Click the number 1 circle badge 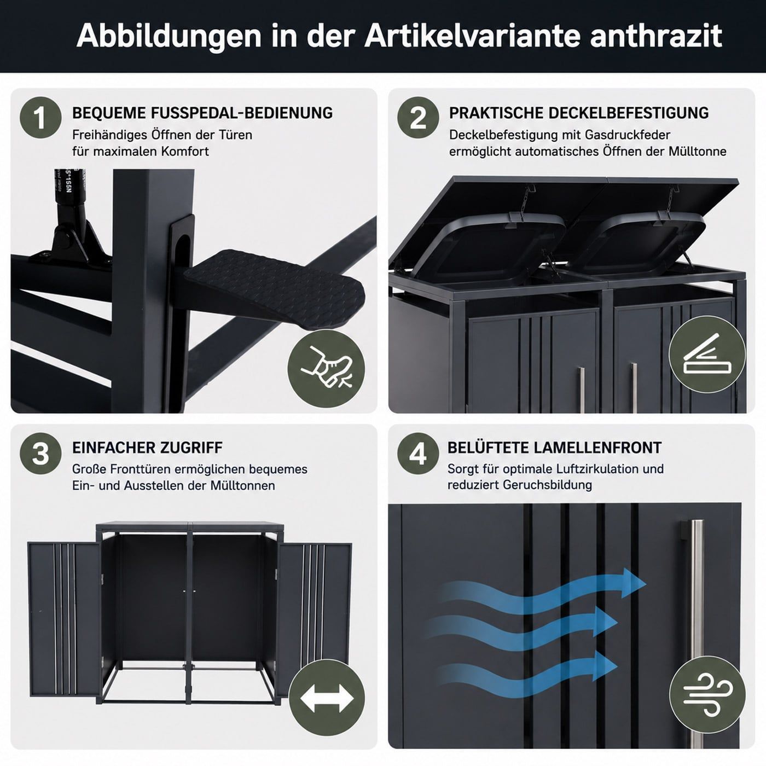coord(40,118)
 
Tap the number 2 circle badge coord(418,118)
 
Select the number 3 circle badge coord(40,454)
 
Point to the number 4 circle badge coord(418,454)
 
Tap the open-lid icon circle coord(707,355)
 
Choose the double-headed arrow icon coord(327,698)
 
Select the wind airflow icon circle coord(707,694)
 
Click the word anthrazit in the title coord(655,36)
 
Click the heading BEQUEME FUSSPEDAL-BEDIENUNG coord(202,113)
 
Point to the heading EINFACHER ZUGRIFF coord(148,448)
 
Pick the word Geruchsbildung coord(547,485)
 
